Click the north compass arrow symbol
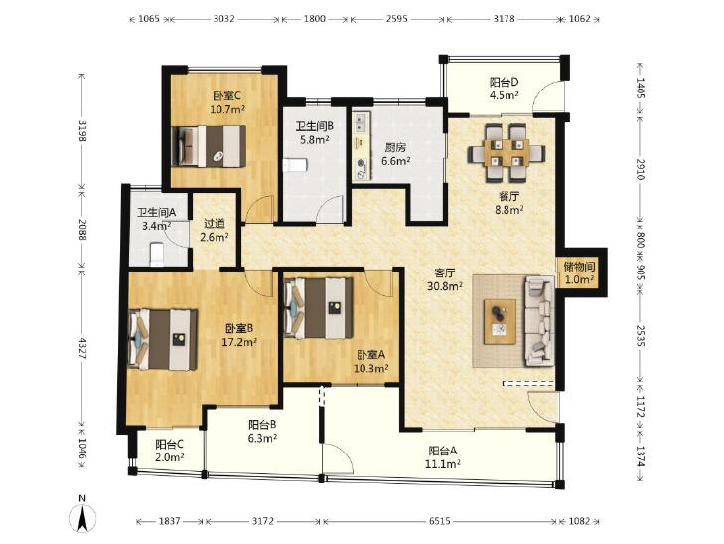click(x=82, y=517)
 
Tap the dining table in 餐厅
click(x=507, y=152)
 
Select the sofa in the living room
click(x=539, y=321)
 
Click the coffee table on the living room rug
click(x=500, y=321)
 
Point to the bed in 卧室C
click(x=209, y=146)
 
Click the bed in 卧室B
click(x=163, y=340)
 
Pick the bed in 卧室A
click(x=318, y=307)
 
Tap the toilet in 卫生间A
click(x=157, y=255)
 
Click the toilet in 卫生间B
click(x=295, y=165)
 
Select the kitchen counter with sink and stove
click(x=362, y=145)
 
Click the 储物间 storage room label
click(x=579, y=267)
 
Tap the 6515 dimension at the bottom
click(x=439, y=521)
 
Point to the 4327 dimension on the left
click(x=82, y=349)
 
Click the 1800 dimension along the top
click(x=315, y=19)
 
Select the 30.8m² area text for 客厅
click(x=445, y=286)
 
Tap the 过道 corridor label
click(x=215, y=223)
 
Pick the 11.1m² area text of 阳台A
click(x=442, y=464)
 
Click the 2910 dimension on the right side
click(x=640, y=169)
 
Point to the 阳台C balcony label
click(x=170, y=445)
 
